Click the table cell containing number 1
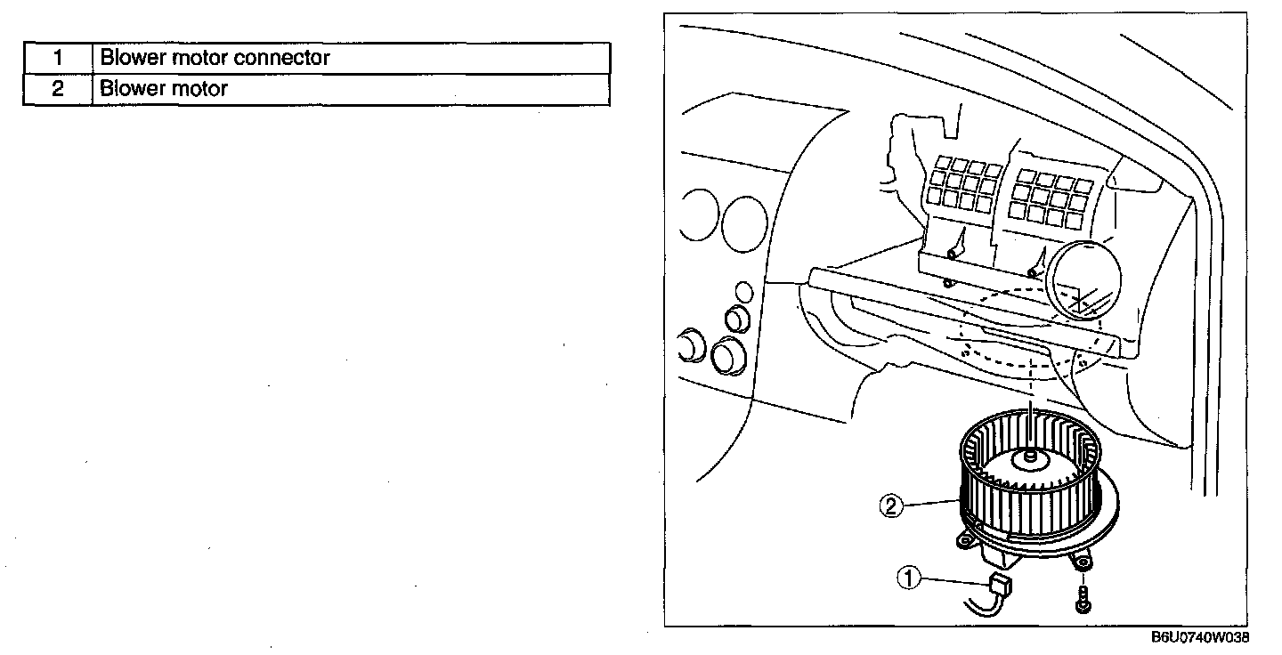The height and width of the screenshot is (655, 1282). pyautogui.click(x=57, y=59)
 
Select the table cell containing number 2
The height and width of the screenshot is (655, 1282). pyautogui.click(x=57, y=89)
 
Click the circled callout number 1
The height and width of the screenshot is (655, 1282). pyautogui.click(x=908, y=579)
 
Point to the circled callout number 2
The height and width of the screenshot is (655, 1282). pyautogui.click(x=891, y=505)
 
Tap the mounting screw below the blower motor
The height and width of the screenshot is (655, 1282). pyautogui.click(x=1082, y=598)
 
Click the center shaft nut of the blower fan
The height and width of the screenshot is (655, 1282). pyautogui.click(x=1030, y=457)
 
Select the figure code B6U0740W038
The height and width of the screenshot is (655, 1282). pyautogui.click(x=1201, y=638)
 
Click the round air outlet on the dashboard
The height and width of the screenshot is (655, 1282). pyautogui.click(x=1083, y=281)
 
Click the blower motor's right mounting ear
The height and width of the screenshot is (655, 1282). pyautogui.click(x=1083, y=562)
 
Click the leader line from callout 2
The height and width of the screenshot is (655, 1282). pyautogui.click(x=930, y=505)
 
